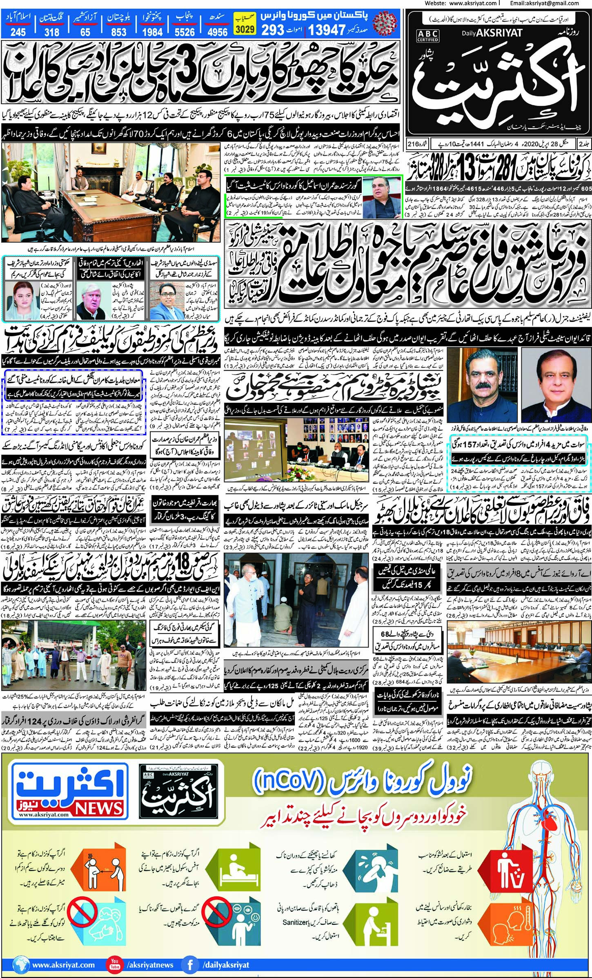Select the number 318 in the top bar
click(x=51, y=32)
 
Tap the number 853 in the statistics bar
click(x=118, y=32)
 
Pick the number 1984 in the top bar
click(x=153, y=32)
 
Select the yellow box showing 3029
click(x=245, y=29)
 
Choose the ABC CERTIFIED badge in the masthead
click(x=427, y=36)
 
